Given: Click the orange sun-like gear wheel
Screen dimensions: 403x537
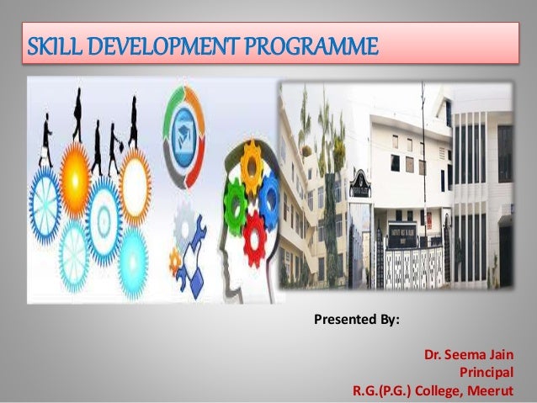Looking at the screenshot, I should (x=74, y=172).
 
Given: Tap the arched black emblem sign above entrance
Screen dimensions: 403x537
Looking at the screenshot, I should (x=358, y=182).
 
